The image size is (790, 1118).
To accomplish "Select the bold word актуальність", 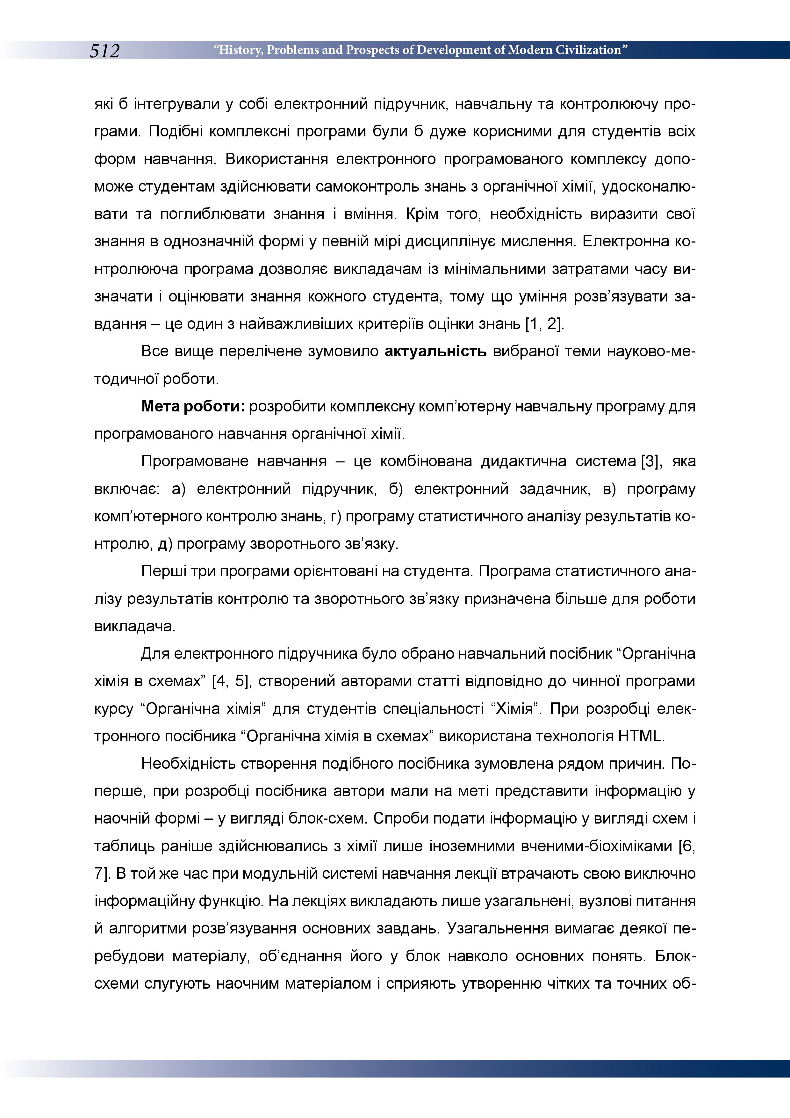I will coord(435,351).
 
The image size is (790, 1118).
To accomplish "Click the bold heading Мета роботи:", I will coord(193,406).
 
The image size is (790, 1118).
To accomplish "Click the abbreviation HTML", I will coord(640,736).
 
